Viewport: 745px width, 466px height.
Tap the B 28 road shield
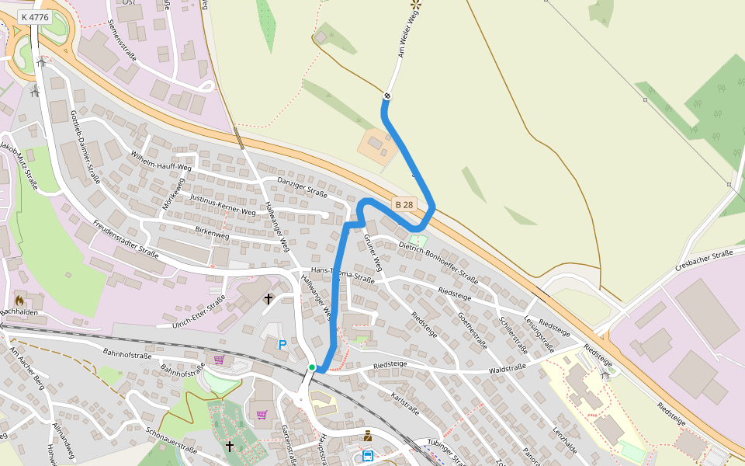(x=404, y=205)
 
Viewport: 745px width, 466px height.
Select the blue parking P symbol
(x=282, y=344)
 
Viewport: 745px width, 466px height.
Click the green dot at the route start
(x=312, y=367)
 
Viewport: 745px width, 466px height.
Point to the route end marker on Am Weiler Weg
(x=386, y=96)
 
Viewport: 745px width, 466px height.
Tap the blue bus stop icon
(x=367, y=455)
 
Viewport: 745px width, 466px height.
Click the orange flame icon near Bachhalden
(x=19, y=299)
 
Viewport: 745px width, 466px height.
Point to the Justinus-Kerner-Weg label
(x=223, y=204)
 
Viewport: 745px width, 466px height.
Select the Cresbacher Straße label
(x=704, y=260)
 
